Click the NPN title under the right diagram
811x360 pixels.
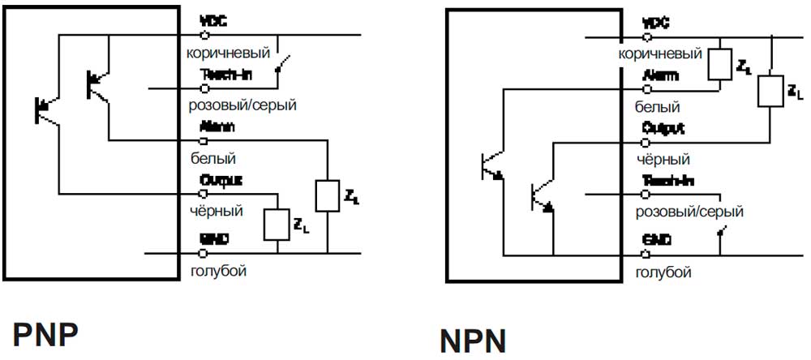click(473, 340)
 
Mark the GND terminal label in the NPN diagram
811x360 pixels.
click(656, 240)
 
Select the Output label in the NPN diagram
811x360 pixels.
click(663, 128)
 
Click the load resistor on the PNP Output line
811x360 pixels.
click(277, 225)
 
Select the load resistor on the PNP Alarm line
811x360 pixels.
click(326, 196)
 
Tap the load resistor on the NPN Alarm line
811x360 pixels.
click(719, 64)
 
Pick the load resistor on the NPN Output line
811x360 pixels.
click(769, 92)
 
